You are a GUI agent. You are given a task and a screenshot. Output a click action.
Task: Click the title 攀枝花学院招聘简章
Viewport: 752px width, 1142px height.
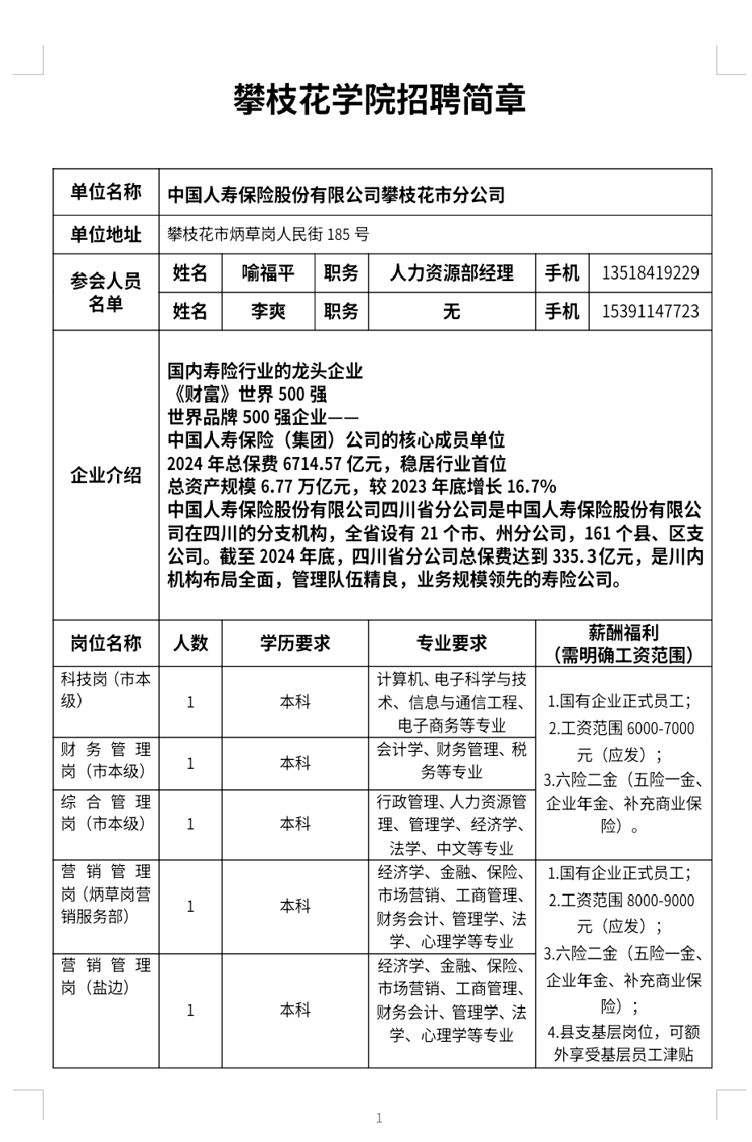point(379,100)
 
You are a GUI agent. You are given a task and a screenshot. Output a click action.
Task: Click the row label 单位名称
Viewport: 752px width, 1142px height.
point(106,192)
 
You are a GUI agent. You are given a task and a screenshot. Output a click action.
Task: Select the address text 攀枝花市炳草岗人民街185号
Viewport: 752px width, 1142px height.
point(268,235)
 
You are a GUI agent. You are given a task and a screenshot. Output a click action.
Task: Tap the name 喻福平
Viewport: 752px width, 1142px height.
point(268,273)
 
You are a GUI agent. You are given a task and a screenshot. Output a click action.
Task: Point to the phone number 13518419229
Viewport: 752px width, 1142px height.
point(650,273)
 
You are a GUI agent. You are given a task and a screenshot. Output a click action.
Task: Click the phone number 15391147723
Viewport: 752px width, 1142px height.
point(650,311)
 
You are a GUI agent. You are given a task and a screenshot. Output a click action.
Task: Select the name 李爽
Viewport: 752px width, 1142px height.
point(268,311)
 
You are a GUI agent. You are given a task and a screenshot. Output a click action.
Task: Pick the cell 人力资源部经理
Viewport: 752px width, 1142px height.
point(451,273)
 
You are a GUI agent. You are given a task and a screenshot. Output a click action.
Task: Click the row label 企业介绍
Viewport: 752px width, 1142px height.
point(106,475)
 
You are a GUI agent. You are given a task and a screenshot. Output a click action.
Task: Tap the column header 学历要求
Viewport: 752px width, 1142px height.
point(295,643)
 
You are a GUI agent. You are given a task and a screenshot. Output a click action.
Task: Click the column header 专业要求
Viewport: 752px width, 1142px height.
point(451,643)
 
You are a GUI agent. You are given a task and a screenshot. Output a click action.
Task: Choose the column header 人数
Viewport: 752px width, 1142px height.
point(190,643)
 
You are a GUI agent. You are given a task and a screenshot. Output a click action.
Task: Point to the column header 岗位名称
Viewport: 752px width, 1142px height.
point(106,643)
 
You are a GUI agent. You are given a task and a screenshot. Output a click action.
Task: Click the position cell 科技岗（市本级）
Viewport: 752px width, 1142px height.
point(106,691)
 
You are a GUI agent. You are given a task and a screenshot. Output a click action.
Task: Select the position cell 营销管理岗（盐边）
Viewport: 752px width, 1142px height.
point(106,976)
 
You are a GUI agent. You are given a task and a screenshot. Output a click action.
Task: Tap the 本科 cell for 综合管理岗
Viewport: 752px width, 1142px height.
point(295,824)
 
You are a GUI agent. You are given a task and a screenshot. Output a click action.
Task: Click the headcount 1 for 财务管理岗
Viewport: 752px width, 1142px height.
point(190,763)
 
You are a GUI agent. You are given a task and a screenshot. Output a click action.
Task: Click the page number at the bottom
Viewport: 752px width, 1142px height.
point(378,1118)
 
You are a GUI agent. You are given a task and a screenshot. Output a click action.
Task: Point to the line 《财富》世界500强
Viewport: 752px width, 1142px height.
point(247,394)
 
